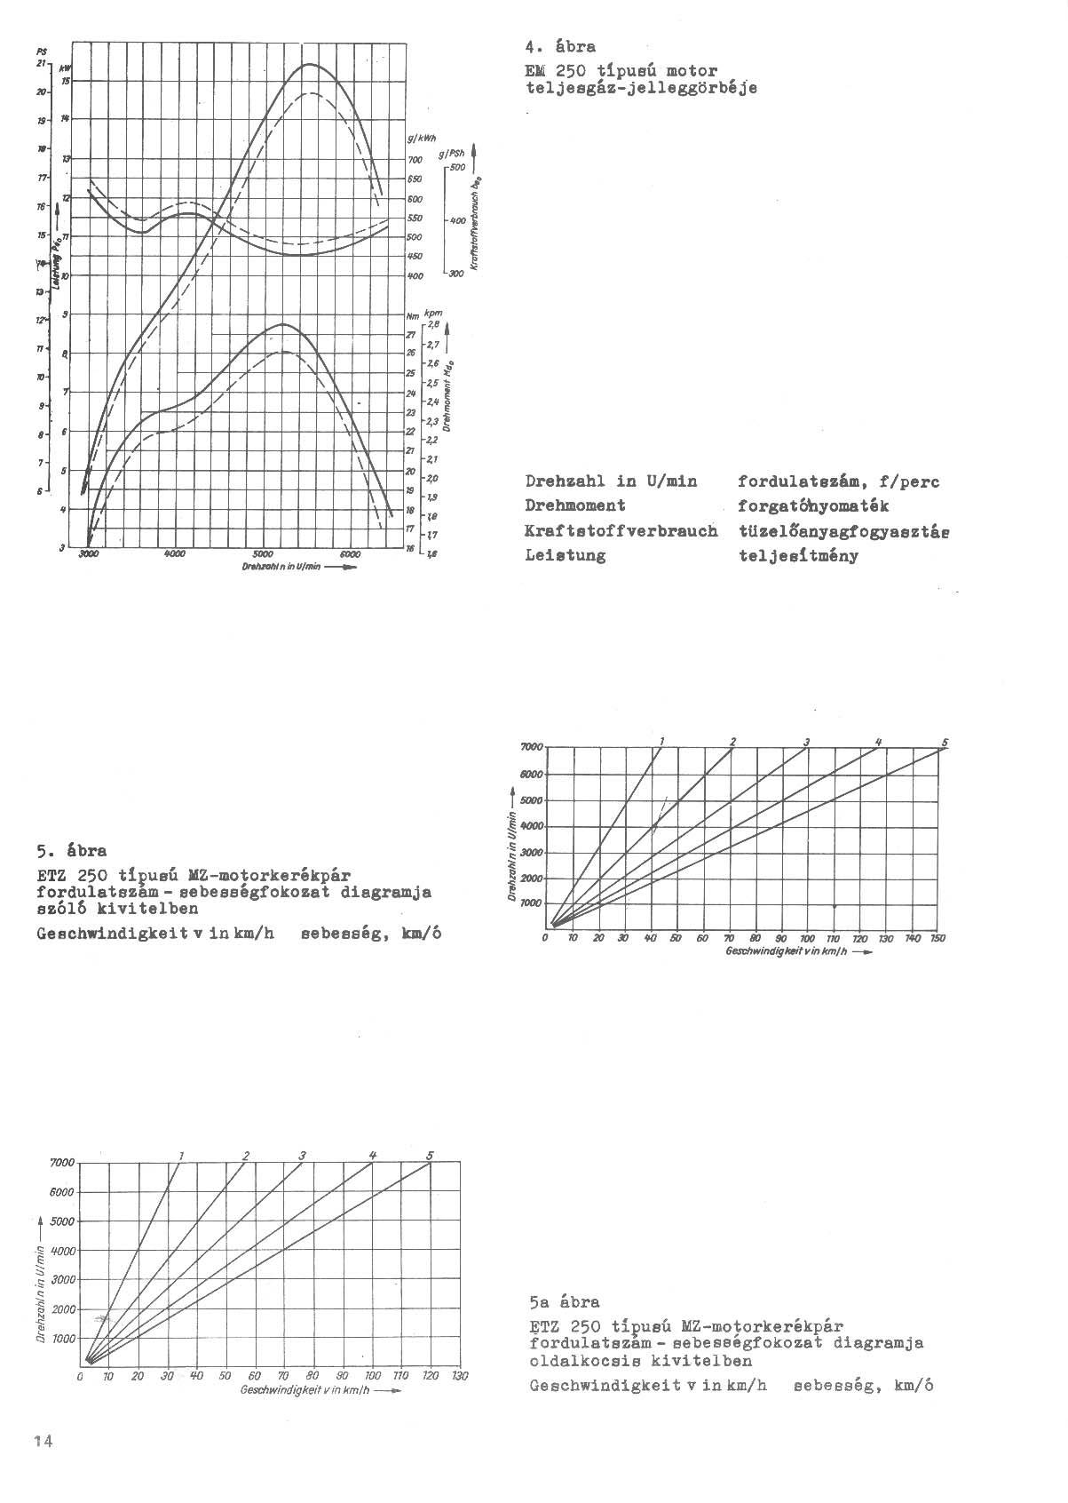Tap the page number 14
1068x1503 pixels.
pos(43,1442)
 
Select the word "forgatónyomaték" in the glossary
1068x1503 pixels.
pos(813,506)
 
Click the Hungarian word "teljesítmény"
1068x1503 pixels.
pos(798,557)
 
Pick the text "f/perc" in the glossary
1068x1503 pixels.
pos(910,482)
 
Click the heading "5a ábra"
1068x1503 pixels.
pos(564,1303)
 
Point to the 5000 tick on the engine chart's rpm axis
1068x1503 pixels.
pos(264,554)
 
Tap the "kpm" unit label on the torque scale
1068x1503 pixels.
pos(434,313)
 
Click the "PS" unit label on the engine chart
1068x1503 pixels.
pos(43,51)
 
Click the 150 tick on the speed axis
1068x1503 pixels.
pos(938,939)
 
